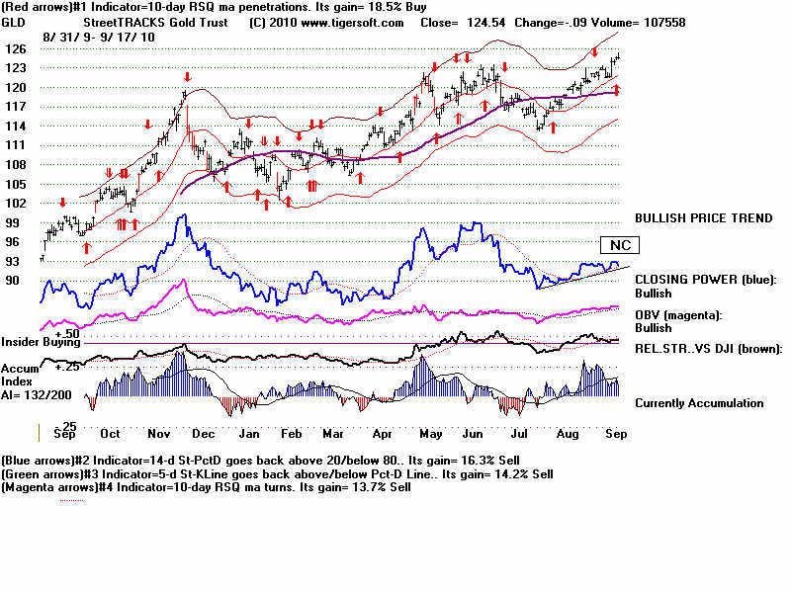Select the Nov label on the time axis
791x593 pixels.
click(160, 434)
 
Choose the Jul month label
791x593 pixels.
click(516, 434)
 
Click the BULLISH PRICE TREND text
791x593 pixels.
click(703, 218)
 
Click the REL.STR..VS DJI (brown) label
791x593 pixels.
click(708, 348)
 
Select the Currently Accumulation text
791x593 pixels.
click(699, 403)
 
